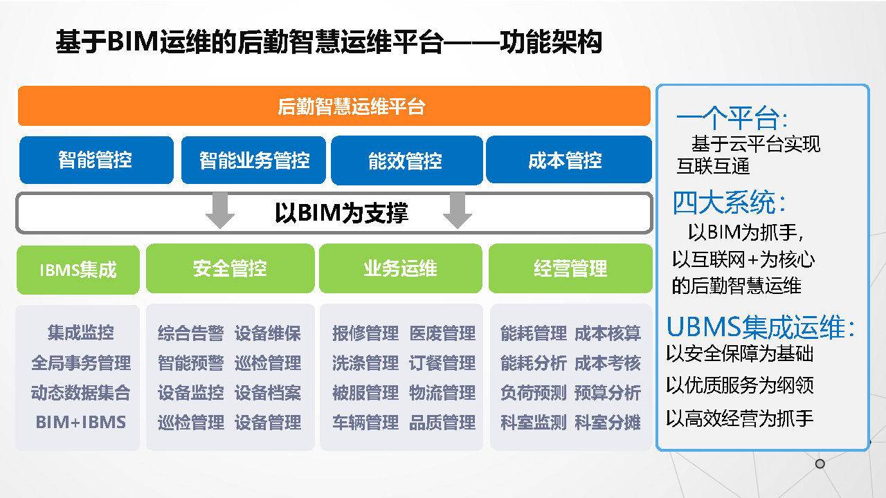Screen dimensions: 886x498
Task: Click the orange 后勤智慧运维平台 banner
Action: click(334, 106)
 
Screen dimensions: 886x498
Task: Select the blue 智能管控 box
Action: click(96, 160)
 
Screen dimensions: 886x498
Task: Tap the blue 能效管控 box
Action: click(406, 160)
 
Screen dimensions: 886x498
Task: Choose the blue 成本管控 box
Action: click(569, 160)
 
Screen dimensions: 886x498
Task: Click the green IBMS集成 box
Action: click(78, 270)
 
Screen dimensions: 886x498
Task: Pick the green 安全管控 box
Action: click(230, 268)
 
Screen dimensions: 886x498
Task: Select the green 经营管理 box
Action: click(570, 268)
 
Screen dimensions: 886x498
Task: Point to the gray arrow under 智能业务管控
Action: click(220, 210)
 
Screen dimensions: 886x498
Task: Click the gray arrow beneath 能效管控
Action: click(458, 210)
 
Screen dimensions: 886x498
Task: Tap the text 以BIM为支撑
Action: click(341, 212)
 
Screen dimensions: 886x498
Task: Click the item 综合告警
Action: click(191, 333)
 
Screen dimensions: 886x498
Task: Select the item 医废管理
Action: click(442, 333)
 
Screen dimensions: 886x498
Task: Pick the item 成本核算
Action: click(608, 333)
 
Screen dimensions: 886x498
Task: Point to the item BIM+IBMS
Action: click(81, 422)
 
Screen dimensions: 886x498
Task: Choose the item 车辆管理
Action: click(365, 422)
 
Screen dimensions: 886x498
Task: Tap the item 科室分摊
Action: click(608, 422)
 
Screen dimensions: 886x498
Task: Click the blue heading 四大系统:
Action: click(729, 203)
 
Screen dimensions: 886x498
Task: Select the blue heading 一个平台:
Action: click(732, 118)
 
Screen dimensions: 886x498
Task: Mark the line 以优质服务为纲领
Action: click(740, 385)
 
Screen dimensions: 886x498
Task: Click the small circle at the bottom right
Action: click(820, 463)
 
